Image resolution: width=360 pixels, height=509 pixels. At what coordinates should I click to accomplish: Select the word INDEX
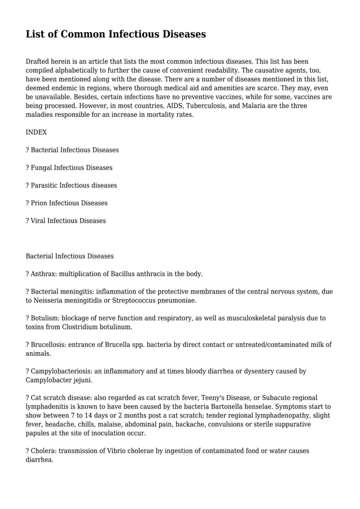click(x=37, y=132)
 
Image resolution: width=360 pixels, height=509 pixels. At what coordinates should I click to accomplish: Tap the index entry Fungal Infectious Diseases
click(x=71, y=168)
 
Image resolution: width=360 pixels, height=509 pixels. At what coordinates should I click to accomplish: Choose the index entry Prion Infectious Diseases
click(x=69, y=203)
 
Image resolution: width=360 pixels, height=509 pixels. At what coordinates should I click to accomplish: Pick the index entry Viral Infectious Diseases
click(x=68, y=221)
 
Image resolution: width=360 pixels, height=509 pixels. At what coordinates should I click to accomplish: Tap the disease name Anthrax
click(x=43, y=274)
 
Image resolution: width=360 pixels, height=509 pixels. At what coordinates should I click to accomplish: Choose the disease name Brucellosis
click(x=49, y=345)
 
